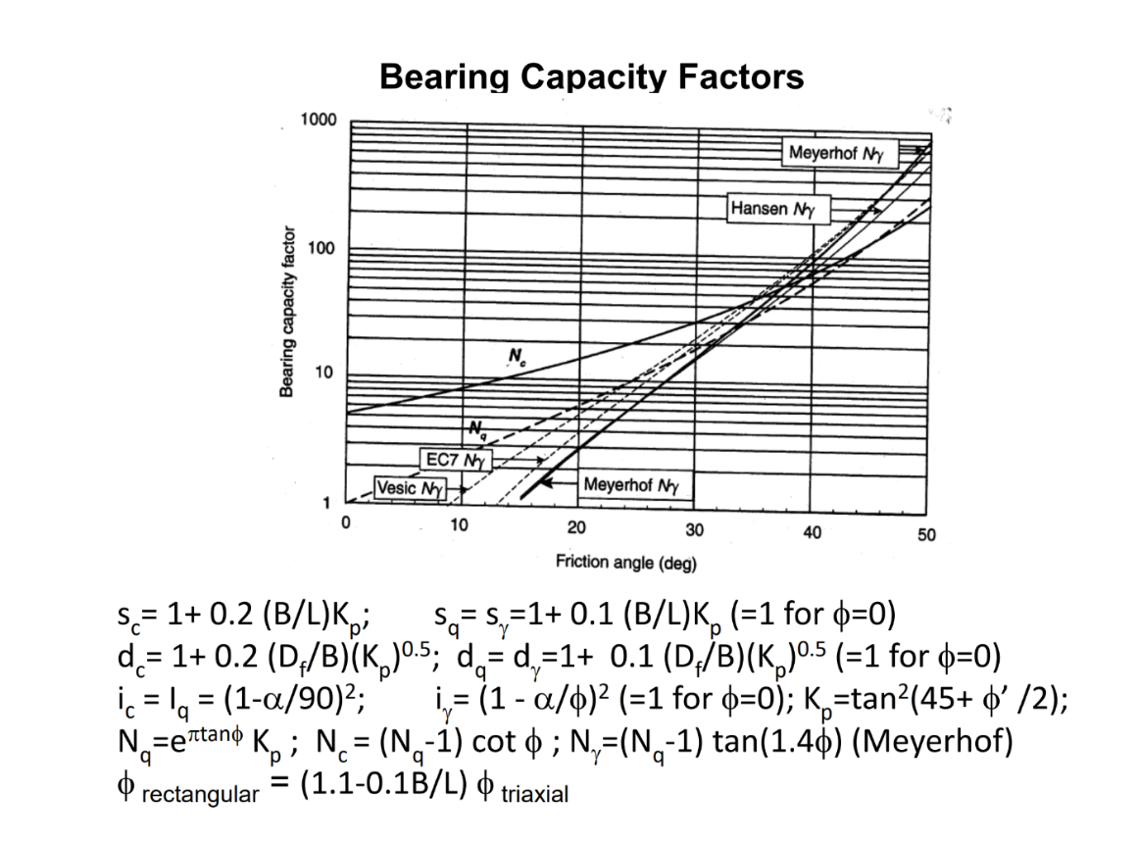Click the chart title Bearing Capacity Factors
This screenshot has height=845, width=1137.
pos(591,76)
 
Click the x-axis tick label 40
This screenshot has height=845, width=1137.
pos(812,530)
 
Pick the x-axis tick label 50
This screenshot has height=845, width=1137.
pos(926,535)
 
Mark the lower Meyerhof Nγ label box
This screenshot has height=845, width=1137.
pos(631,484)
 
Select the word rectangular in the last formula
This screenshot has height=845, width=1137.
pos(201,794)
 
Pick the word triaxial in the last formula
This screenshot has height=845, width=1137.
pos(534,794)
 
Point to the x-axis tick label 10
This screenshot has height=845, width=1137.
pos(458,525)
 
